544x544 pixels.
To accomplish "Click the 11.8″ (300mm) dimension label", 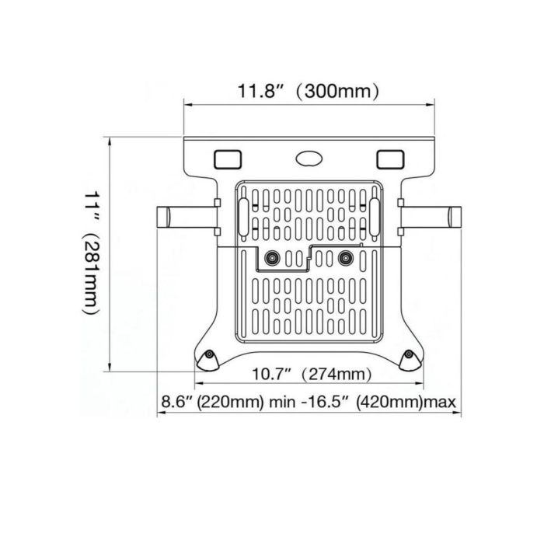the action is tap(308, 91).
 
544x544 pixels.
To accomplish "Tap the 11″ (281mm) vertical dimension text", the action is tap(92, 253).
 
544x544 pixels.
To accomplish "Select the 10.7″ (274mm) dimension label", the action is tap(311, 374).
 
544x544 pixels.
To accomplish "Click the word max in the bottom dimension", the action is tap(441, 402).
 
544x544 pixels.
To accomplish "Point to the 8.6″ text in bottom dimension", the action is tap(177, 402).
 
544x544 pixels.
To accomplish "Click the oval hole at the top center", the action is tap(309, 159).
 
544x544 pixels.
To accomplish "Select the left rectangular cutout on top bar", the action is tap(228, 159).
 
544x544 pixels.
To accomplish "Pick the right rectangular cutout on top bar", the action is tap(390, 159).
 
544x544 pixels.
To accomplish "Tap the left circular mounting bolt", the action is tap(272, 258).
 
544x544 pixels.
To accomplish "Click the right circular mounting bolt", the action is tap(346, 258).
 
